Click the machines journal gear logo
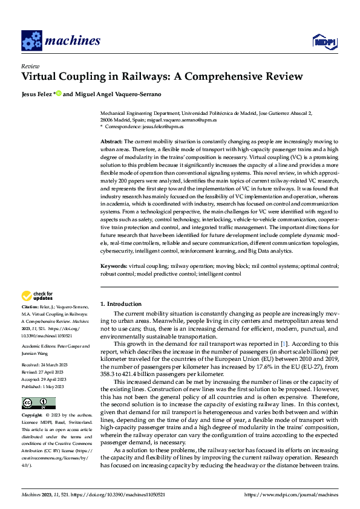click(31, 41)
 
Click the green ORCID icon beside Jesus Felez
click(59, 94)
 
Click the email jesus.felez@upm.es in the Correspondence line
click(163, 127)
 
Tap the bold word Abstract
click(111, 140)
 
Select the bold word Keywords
click(113, 265)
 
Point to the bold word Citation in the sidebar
click(31, 308)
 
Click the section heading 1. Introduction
click(120, 304)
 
